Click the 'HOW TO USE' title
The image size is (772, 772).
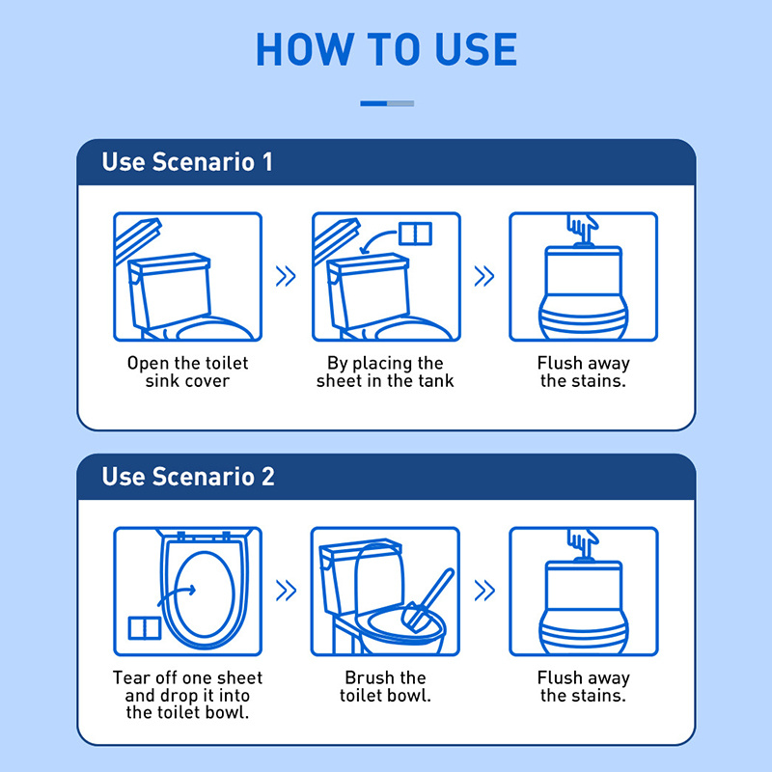coord(387,49)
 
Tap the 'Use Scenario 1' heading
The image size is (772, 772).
coord(187,162)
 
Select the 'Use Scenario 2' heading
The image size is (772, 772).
coord(188,477)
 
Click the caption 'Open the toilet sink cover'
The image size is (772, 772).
coord(187,372)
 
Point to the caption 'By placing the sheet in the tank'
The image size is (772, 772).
coord(385,372)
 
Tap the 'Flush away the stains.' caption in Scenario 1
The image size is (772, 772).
coord(584,372)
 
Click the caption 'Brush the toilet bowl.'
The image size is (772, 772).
coord(385,686)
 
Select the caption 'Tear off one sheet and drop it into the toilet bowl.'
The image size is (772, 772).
coord(187,695)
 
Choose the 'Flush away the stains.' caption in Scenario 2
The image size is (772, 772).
coord(584,686)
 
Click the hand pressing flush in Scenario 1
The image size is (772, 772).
coord(583,227)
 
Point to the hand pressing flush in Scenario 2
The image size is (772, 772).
coord(583,541)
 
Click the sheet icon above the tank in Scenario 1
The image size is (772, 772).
coord(415,234)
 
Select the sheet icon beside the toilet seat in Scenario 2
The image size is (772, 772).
coord(145,628)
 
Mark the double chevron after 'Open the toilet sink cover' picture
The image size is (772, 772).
coord(286,276)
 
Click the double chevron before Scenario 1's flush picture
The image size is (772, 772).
coord(484,276)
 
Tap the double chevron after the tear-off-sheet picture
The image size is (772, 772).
coord(286,591)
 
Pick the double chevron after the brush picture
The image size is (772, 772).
coord(484,591)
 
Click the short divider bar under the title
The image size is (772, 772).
coord(387,103)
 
